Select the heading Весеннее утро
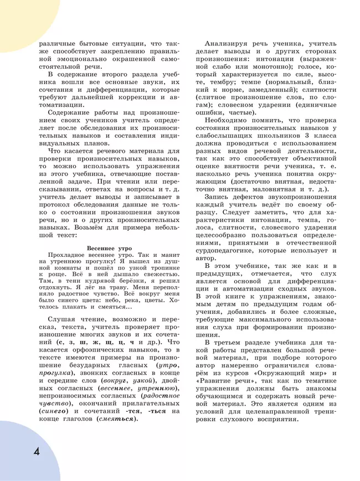click(x=110, y=249)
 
